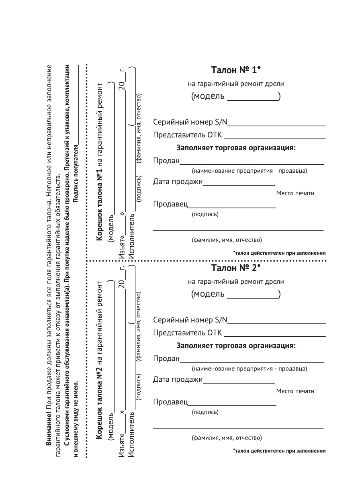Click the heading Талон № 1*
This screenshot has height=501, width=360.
[236, 70]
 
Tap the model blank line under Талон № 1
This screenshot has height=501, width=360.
[253, 99]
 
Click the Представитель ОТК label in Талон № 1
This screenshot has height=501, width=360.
[187, 135]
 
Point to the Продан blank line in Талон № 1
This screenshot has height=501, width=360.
[252, 164]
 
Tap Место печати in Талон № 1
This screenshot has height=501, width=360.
[295, 194]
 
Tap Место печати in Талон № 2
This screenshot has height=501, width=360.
[295, 391]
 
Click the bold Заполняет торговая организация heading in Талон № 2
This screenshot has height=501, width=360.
[236, 345]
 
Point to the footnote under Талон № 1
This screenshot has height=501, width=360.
[279, 253]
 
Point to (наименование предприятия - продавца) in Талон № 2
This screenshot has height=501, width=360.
[250, 368]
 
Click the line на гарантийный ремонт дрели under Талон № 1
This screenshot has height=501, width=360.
[236, 84]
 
